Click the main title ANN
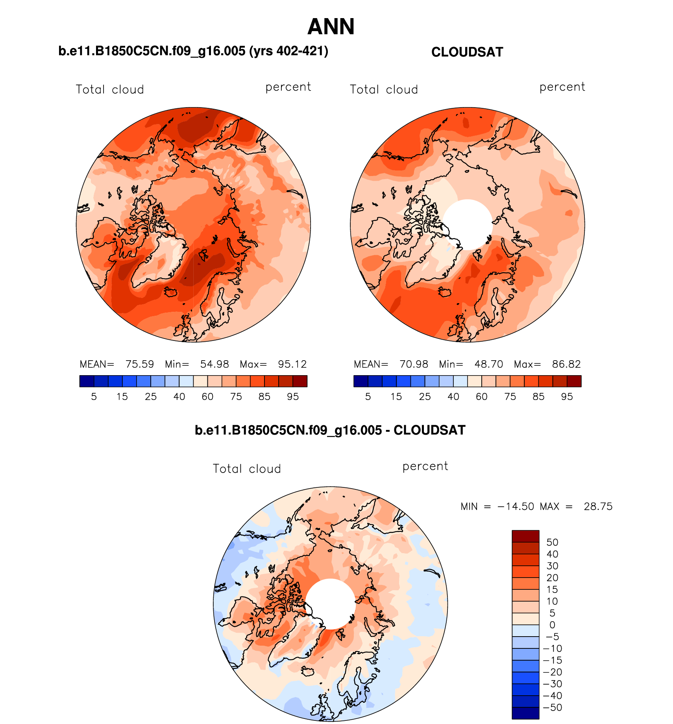(331, 27)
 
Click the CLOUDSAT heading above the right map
(467, 52)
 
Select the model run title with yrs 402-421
(193, 51)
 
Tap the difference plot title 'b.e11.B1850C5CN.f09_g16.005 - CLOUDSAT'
(330, 430)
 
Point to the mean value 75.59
(140, 364)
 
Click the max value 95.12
(292, 364)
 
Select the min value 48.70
(488, 364)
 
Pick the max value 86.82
(566, 364)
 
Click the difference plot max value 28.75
(598, 506)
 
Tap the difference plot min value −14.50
(516, 506)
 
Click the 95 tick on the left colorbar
(293, 396)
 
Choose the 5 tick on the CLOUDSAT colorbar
(368, 396)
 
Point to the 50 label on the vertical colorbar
(552, 542)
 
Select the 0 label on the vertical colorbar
(552, 625)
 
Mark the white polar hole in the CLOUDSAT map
(468, 224)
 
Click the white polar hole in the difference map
(331, 604)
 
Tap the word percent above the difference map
(425, 466)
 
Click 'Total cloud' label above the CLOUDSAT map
(384, 89)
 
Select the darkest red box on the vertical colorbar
(525, 536)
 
